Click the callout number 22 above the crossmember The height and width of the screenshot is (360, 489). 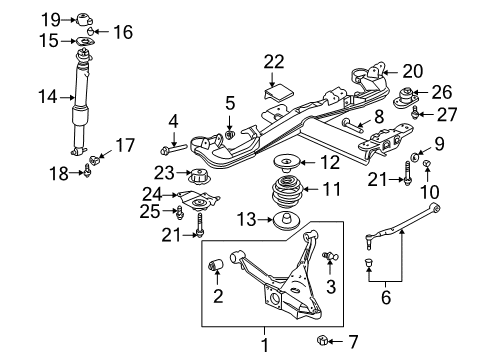click(x=274, y=62)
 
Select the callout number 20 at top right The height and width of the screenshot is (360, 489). click(x=413, y=71)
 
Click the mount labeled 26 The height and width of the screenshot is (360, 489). click(x=409, y=100)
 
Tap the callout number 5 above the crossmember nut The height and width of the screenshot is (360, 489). click(x=229, y=103)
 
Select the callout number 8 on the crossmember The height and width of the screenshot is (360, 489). click(x=377, y=118)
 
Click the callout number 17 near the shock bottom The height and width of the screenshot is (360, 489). click(x=123, y=146)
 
